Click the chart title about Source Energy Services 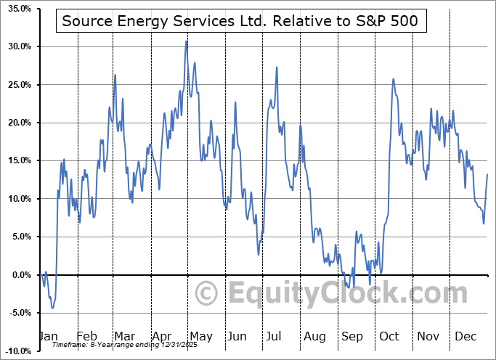point(240,21)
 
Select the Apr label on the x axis point(163,336)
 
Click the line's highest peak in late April point(187,41)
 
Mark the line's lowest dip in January point(52,308)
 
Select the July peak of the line point(277,67)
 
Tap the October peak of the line point(393,79)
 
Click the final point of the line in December point(487,174)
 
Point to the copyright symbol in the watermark point(207,294)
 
